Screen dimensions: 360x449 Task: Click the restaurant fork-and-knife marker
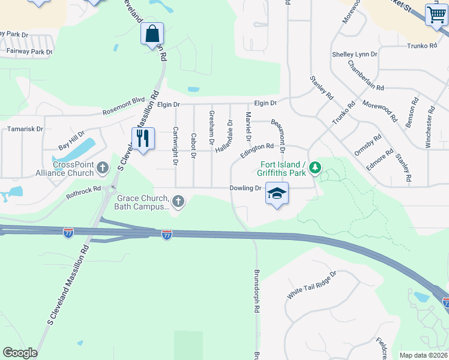coord(143,139)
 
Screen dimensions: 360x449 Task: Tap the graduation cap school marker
coord(277,194)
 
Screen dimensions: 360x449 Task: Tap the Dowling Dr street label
coord(246,188)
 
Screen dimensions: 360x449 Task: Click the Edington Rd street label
coord(257,150)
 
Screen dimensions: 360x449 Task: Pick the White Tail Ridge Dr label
coord(312,286)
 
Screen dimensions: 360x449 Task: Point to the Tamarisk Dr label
coord(25,129)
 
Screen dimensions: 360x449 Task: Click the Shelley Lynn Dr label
coord(355,54)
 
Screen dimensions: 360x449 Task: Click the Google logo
coord(20,353)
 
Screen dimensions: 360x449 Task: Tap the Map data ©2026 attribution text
coord(423,355)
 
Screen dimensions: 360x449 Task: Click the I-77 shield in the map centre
coord(167,235)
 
